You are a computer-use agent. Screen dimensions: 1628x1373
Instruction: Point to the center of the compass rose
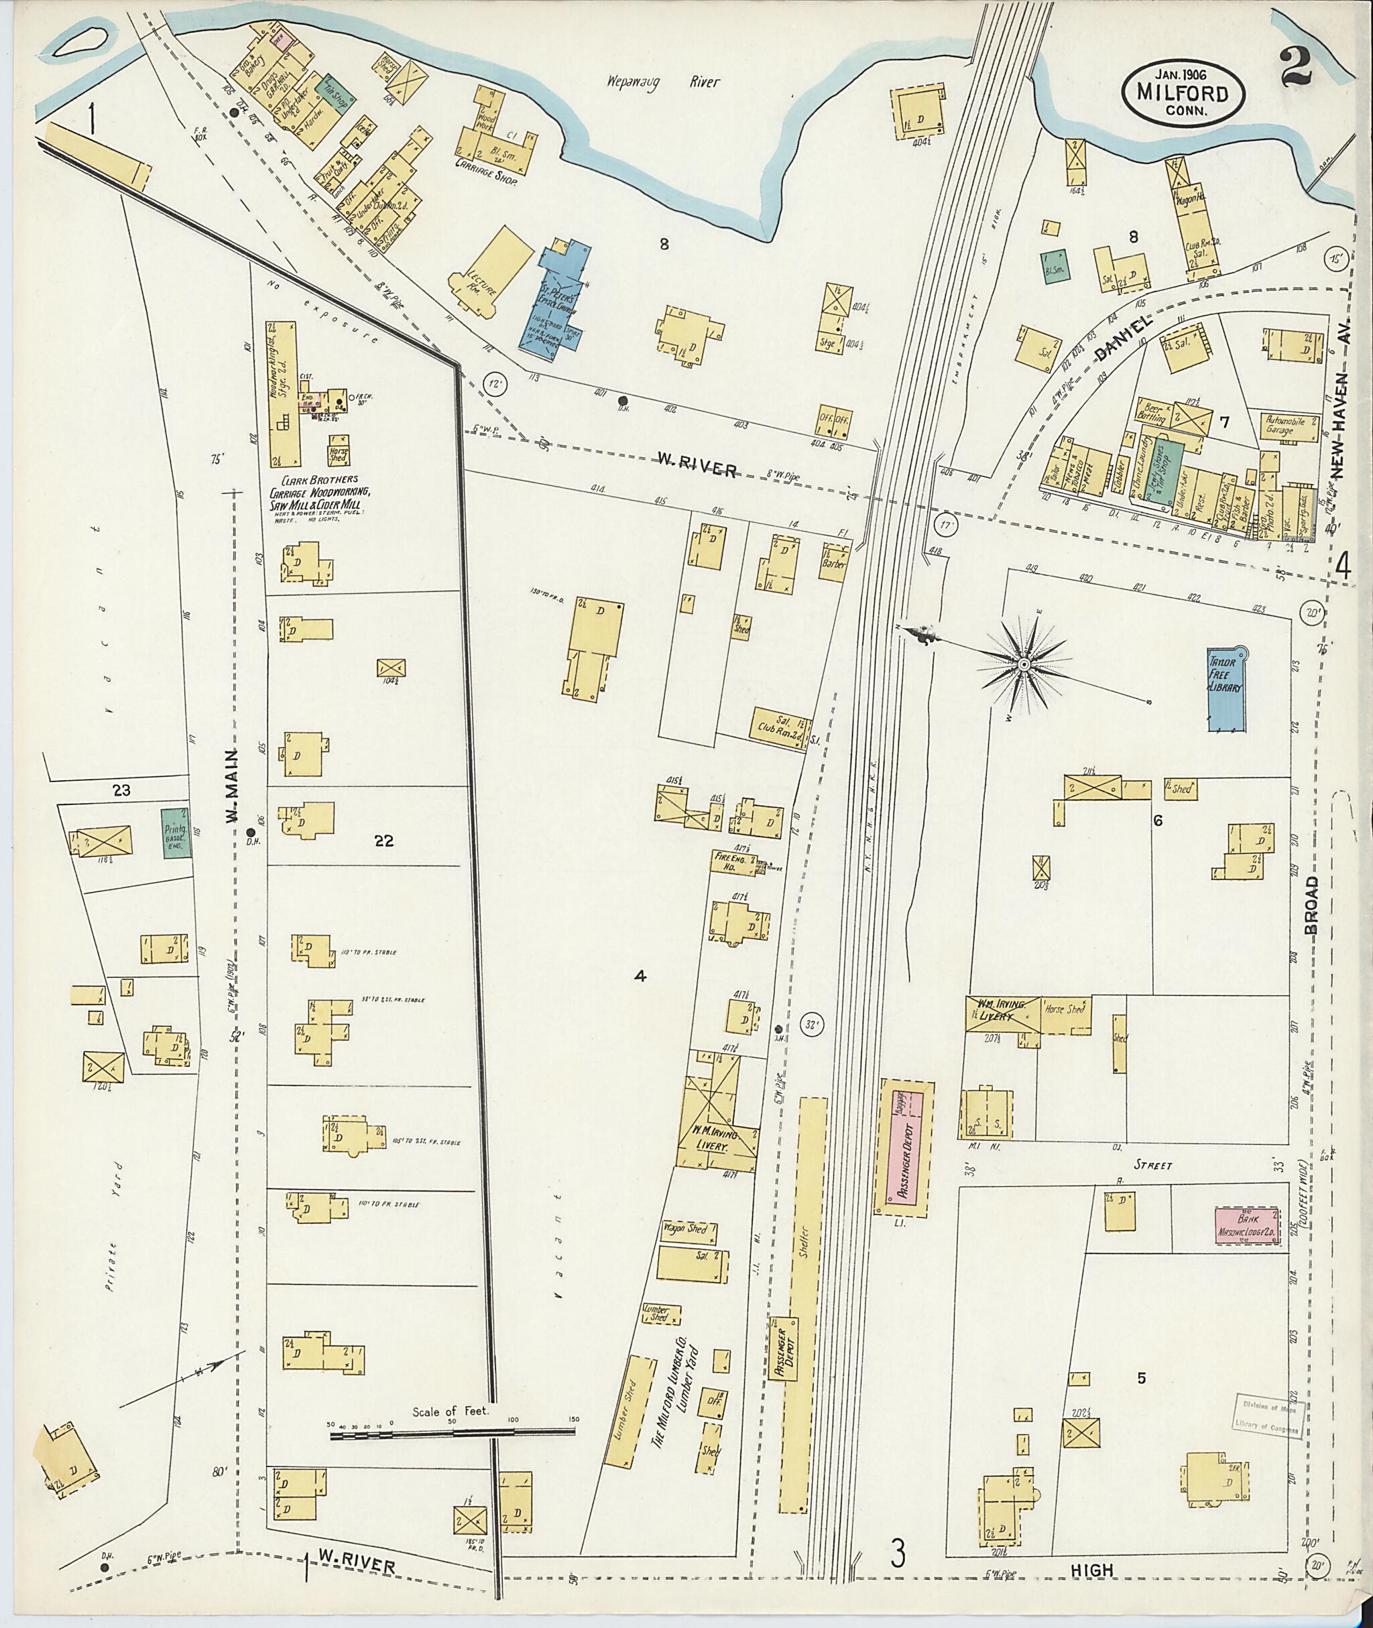pos(1024,663)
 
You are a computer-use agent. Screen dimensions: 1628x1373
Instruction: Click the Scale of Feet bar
pos(451,1430)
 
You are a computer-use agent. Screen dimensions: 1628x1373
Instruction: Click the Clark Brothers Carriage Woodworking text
pos(319,492)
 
